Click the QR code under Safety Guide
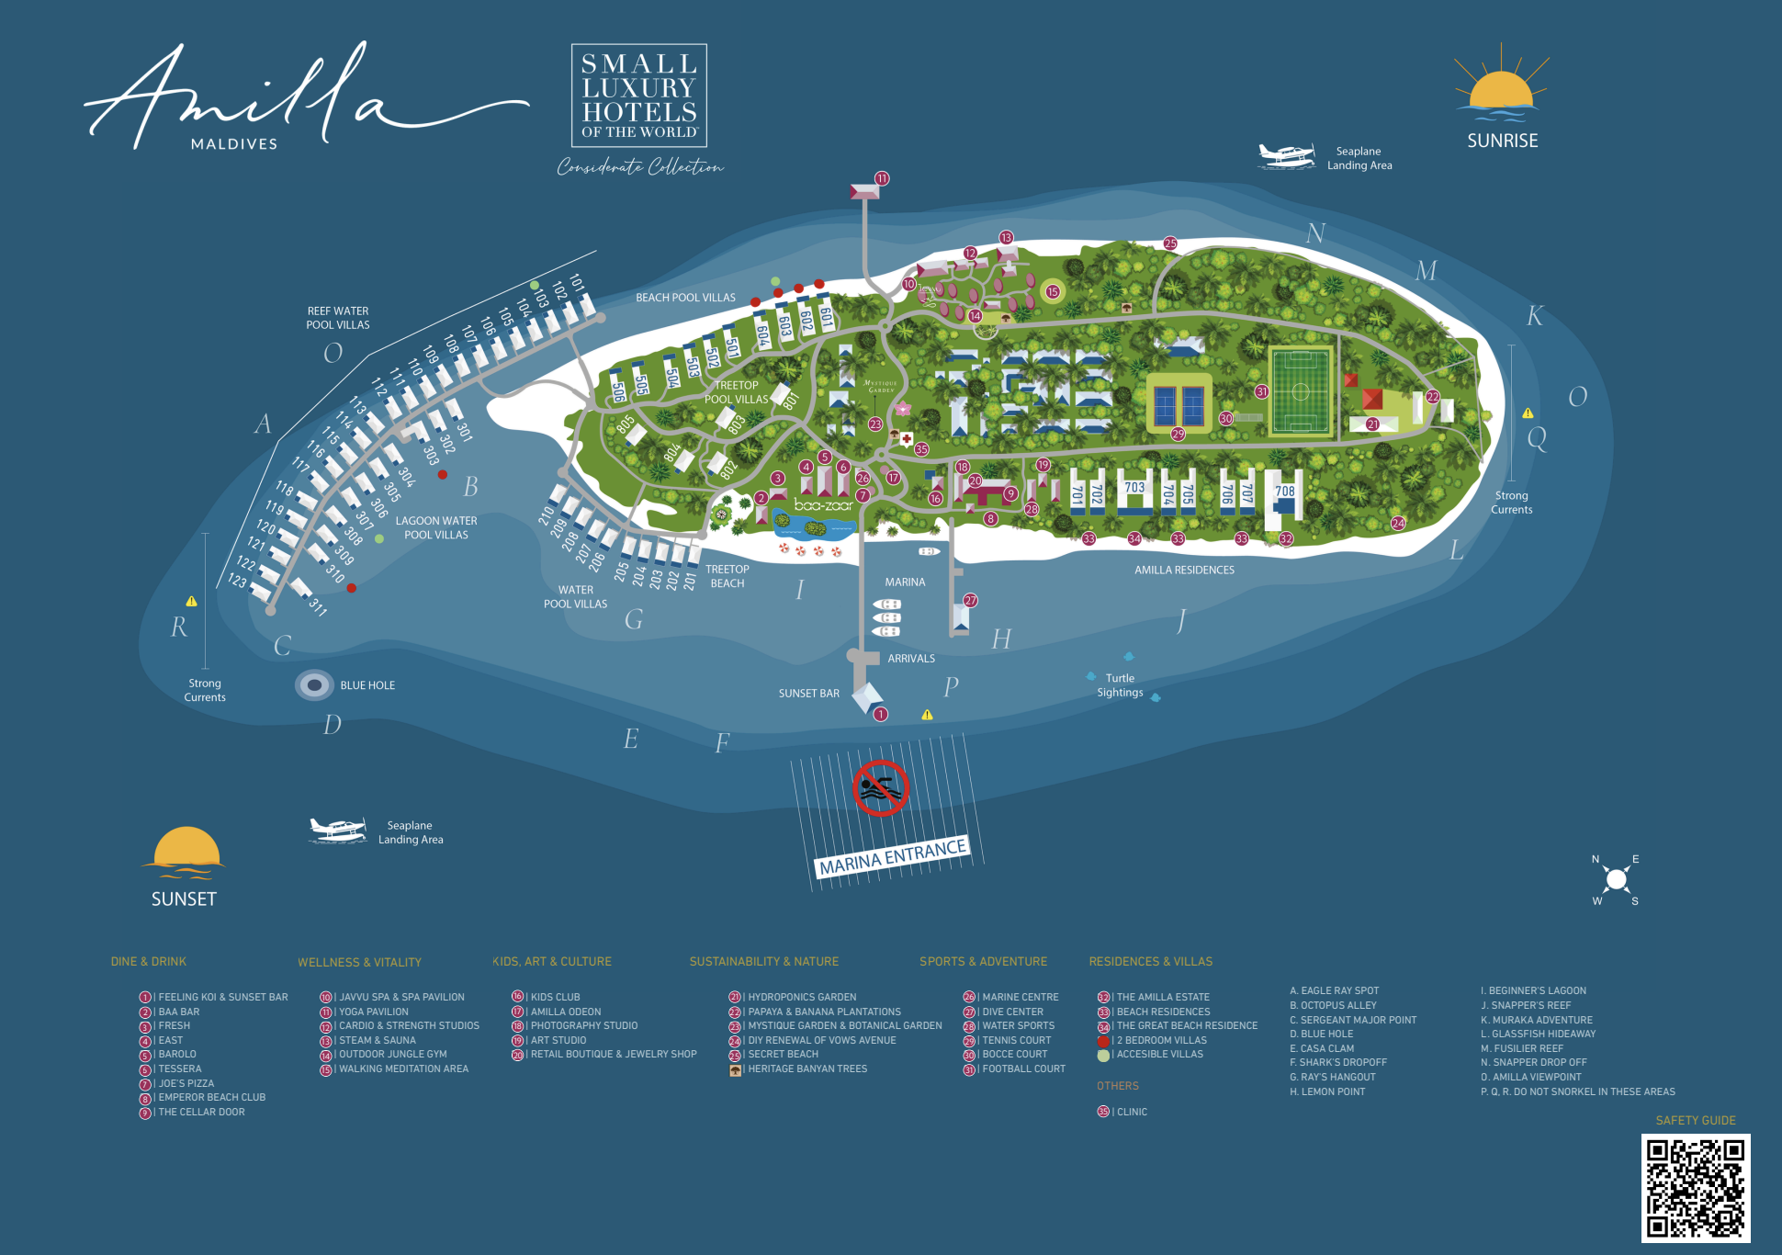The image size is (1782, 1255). click(1695, 1188)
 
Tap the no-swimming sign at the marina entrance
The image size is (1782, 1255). click(880, 788)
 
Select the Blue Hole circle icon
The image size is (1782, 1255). click(314, 685)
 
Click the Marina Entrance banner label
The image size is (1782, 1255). click(893, 856)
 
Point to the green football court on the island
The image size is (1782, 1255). click(1300, 391)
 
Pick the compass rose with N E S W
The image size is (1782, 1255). click(1616, 880)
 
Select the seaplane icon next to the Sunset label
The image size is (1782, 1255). click(337, 830)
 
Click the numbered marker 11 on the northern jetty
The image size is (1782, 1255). click(882, 178)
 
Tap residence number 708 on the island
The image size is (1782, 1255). click(1284, 492)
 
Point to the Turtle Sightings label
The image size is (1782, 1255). click(1120, 685)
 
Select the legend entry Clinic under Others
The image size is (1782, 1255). click(1131, 1112)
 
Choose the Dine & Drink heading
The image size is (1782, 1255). click(149, 961)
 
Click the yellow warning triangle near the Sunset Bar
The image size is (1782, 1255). click(927, 715)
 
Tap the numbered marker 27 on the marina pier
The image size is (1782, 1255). click(970, 601)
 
